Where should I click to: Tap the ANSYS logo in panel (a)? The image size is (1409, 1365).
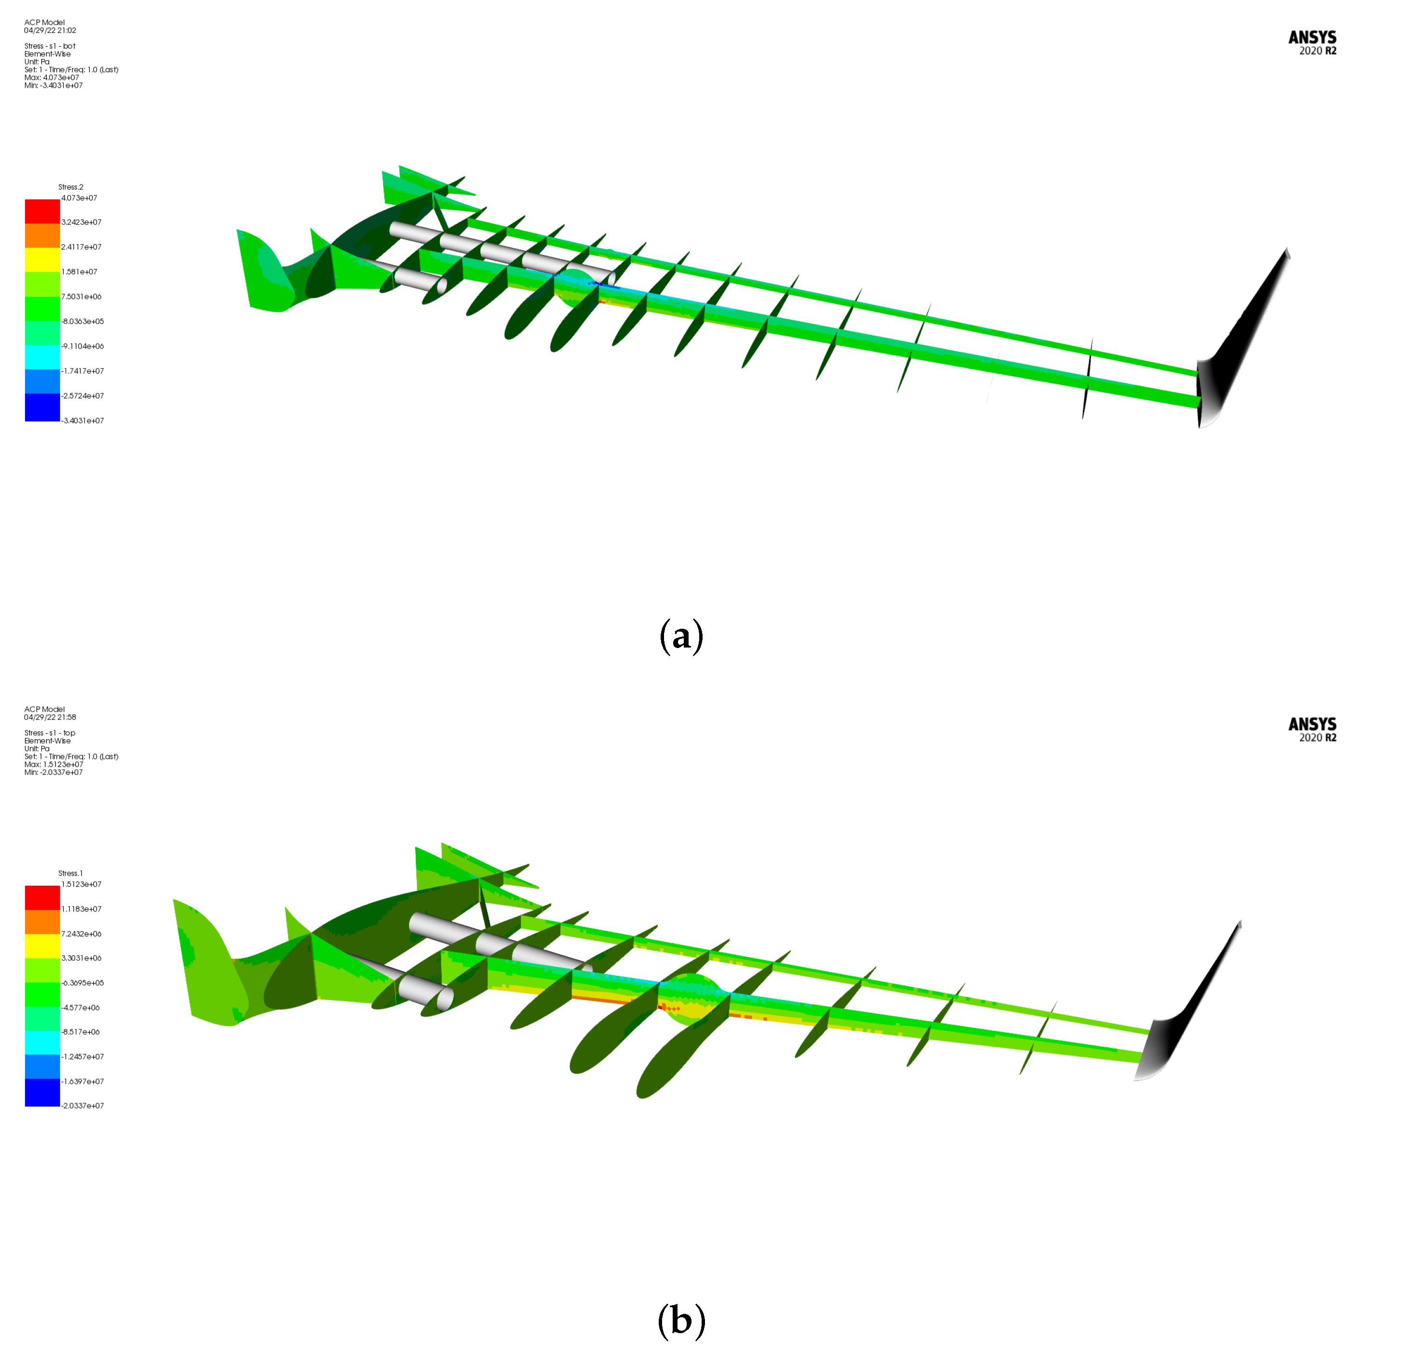point(1312,42)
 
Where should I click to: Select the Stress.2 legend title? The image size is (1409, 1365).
point(70,187)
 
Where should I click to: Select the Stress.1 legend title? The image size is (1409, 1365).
point(70,873)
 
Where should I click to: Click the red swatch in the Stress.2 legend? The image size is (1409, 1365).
point(42,212)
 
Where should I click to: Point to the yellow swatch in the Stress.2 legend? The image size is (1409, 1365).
point(42,259)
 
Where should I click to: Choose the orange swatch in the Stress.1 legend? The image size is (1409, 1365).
point(42,922)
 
